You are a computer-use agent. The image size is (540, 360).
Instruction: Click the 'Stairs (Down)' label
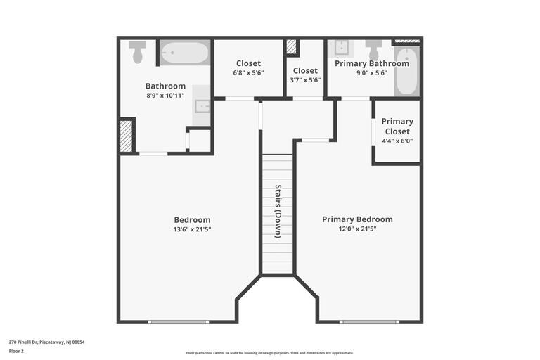coord(278,211)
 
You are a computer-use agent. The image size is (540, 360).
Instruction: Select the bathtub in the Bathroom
coord(184,53)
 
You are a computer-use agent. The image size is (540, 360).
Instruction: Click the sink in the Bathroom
coord(202,106)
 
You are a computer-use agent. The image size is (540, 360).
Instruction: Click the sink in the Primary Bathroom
coord(342,48)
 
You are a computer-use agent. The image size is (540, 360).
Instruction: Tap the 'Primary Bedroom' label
coord(357,219)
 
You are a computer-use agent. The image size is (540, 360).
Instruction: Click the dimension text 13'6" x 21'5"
coord(192,229)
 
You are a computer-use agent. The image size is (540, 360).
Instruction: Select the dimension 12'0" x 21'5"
coord(357,229)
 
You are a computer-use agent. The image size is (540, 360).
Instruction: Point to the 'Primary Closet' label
coord(397,126)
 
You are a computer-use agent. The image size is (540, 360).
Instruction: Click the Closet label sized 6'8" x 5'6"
coord(248,73)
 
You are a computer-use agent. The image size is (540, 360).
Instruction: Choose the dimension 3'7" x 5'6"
coord(305,80)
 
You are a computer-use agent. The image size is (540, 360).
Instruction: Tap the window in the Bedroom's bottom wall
coord(179,322)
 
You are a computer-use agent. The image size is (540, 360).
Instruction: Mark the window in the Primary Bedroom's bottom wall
coord(368,322)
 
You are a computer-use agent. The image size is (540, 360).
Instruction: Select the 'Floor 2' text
coord(16,351)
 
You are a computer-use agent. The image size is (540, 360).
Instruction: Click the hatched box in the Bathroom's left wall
coord(127,136)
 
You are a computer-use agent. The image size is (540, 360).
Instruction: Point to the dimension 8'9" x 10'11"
coord(165,96)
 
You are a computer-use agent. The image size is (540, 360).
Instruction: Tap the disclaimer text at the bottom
coord(270,353)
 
